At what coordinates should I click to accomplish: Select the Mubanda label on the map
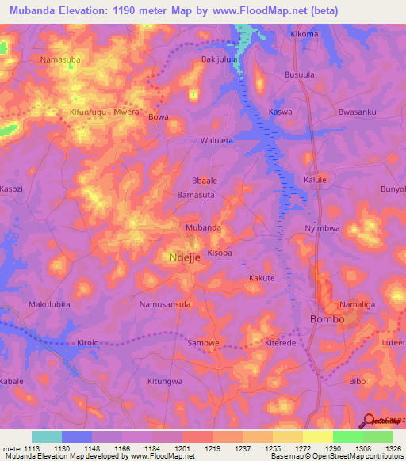(202, 227)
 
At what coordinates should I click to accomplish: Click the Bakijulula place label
(220, 59)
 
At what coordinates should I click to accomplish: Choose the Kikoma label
(304, 34)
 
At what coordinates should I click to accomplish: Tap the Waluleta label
(216, 140)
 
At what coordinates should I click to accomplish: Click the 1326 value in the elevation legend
(393, 448)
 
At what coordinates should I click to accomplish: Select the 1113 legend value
(27, 448)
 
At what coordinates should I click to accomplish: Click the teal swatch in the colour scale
(47, 436)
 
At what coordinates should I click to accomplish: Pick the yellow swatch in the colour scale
(317, 436)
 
